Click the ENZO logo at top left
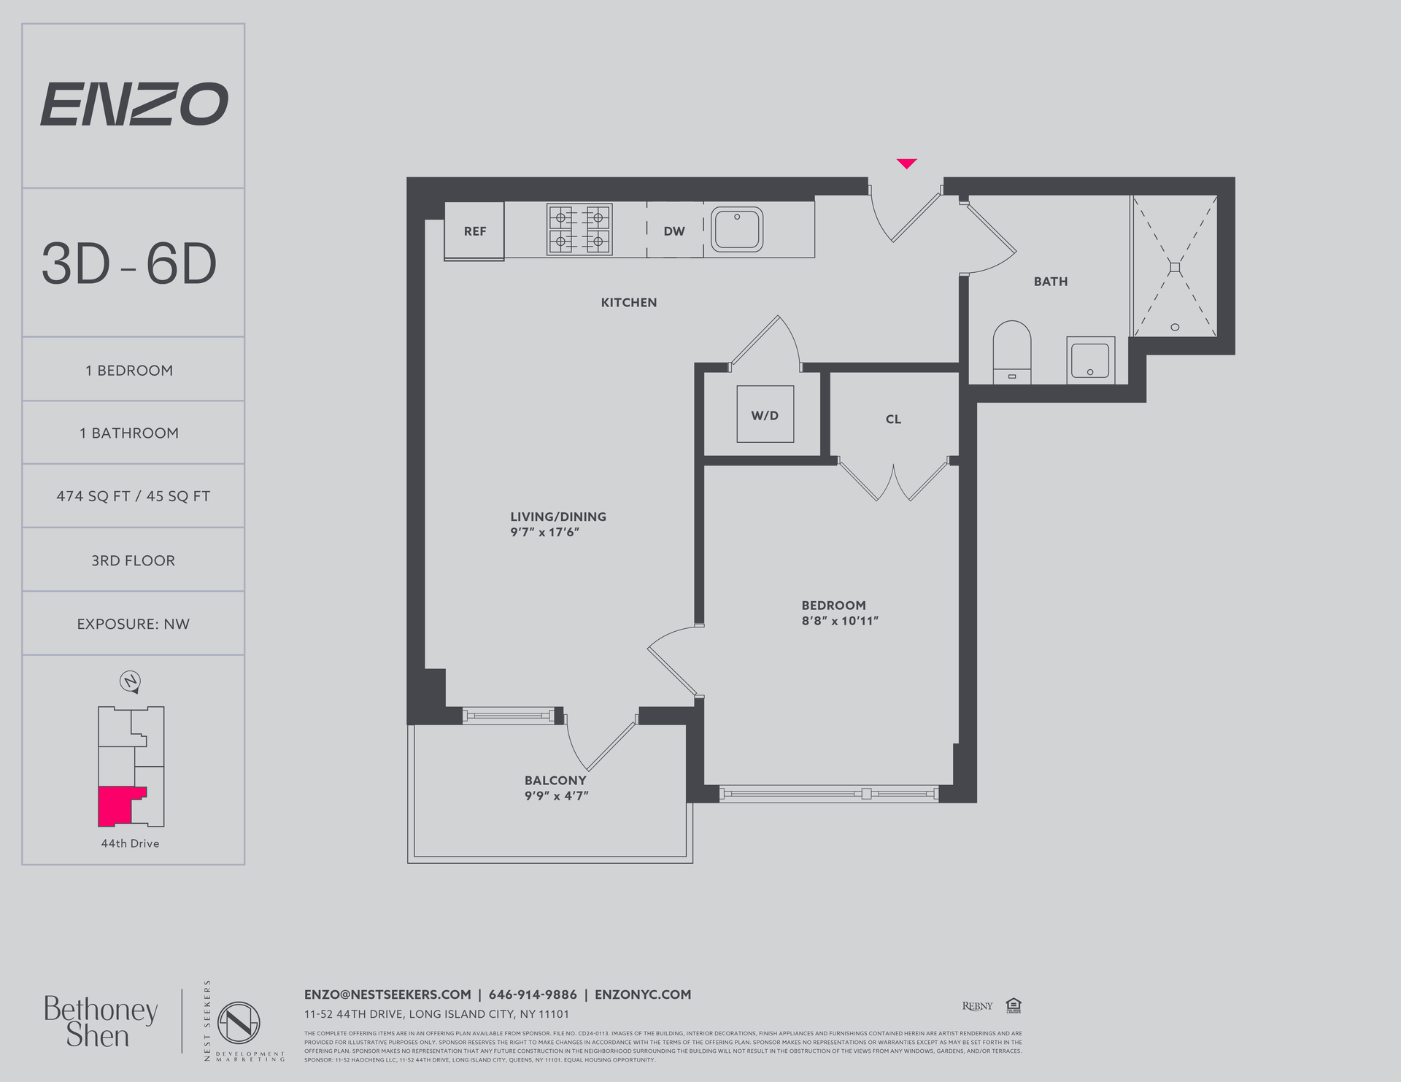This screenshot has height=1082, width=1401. click(x=134, y=104)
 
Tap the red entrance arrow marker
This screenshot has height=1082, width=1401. click(x=906, y=163)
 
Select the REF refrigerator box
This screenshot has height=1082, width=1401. click(x=474, y=231)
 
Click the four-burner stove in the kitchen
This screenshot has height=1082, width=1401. click(x=579, y=229)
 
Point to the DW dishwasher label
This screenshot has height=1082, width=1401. click(x=674, y=231)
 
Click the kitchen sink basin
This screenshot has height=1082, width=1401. click(x=737, y=230)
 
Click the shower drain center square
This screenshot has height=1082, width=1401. click(x=1174, y=268)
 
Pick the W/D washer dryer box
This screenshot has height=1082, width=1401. click(x=765, y=414)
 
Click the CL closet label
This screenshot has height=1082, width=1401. click(x=893, y=419)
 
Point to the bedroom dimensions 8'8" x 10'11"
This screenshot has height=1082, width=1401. click(x=839, y=621)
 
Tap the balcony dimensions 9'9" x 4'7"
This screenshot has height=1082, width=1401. click(x=556, y=796)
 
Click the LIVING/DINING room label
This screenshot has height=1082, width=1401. click(x=558, y=517)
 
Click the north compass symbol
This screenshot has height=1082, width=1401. click(x=130, y=681)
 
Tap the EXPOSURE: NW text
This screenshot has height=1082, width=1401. click(x=133, y=624)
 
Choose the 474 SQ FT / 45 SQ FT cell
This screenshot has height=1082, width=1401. click(x=133, y=496)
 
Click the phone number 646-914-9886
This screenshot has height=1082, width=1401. click(x=533, y=994)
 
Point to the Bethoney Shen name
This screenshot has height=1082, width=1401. click(x=100, y=1021)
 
